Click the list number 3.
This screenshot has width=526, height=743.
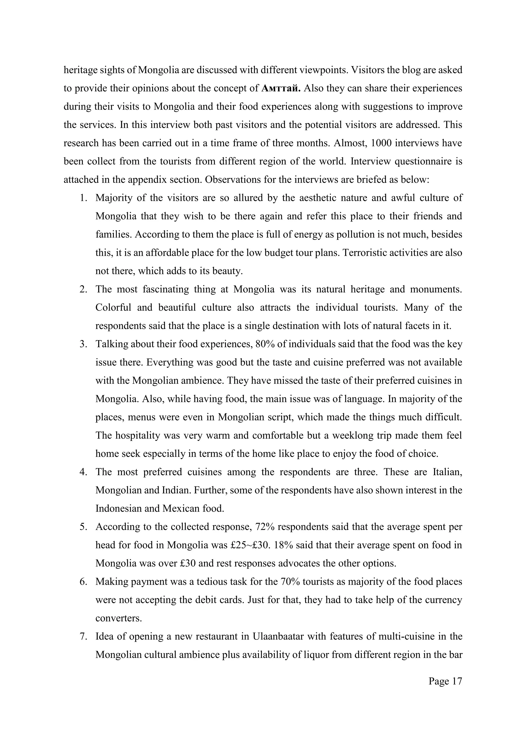click(83, 344)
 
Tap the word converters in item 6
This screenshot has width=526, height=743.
click(119, 618)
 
